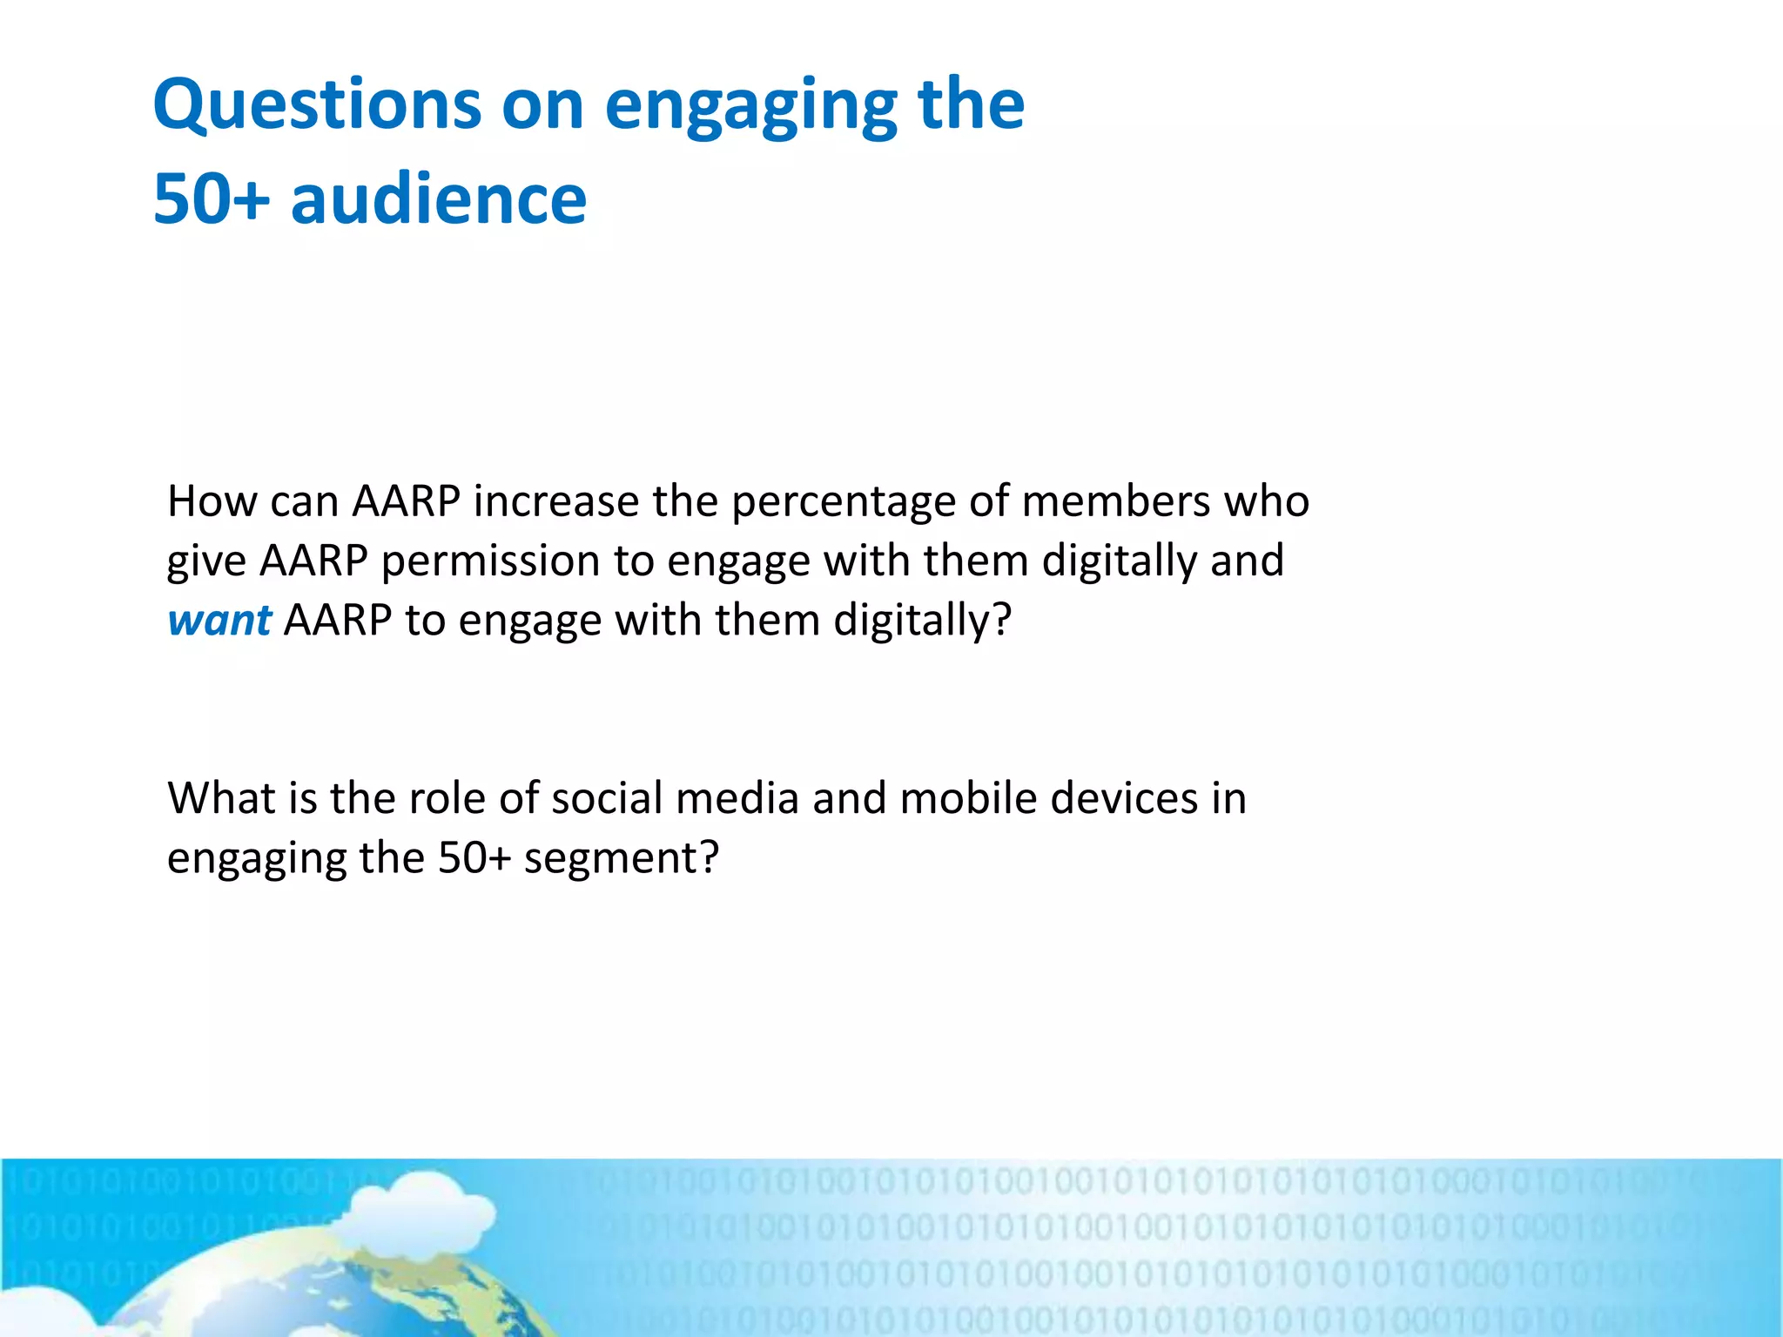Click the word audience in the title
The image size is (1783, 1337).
click(439, 199)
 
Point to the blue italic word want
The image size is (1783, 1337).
click(219, 620)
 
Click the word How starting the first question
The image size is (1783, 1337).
click(205, 501)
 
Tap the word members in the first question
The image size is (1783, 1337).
click(1116, 501)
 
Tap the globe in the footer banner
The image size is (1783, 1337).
click(348, 1288)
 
